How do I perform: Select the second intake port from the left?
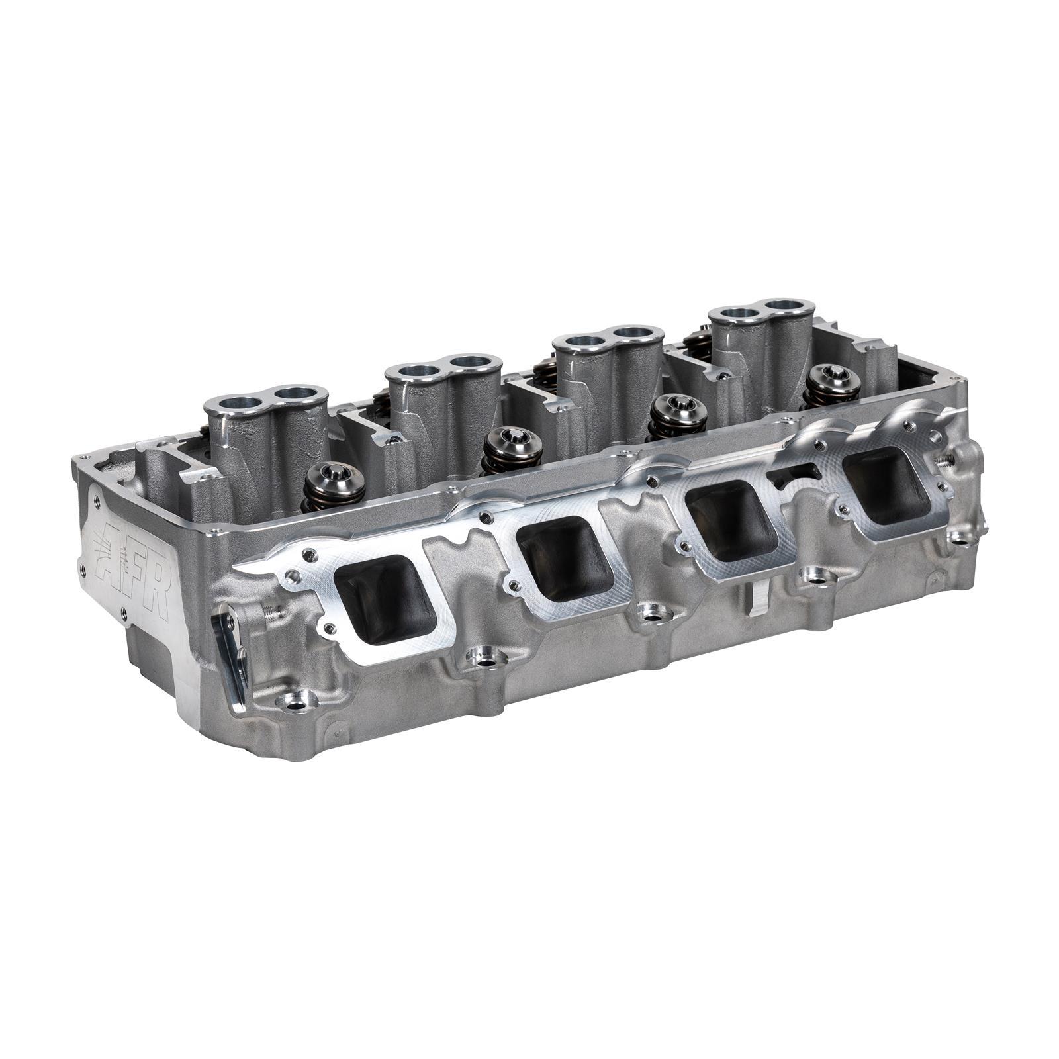[565, 567]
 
